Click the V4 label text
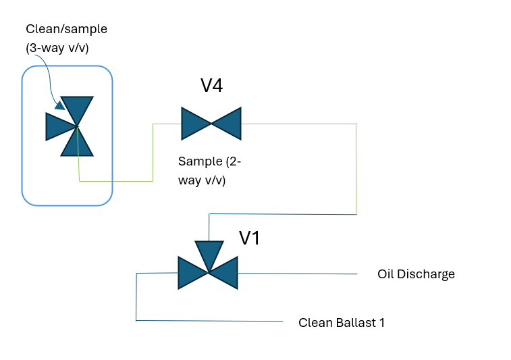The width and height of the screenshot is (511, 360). (x=211, y=86)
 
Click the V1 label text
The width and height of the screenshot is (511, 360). (x=250, y=238)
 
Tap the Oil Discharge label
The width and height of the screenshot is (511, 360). (x=416, y=274)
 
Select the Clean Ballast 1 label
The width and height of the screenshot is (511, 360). (x=342, y=322)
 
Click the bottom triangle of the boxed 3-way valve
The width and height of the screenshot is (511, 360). (x=77, y=144)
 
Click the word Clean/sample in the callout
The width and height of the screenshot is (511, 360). (x=66, y=29)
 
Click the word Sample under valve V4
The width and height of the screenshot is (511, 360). (x=199, y=162)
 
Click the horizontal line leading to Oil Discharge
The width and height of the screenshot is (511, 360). (x=297, y=274)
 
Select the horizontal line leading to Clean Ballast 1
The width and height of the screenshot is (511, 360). (x=209, y=321)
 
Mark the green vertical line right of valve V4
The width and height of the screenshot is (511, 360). (x=356, y=169)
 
